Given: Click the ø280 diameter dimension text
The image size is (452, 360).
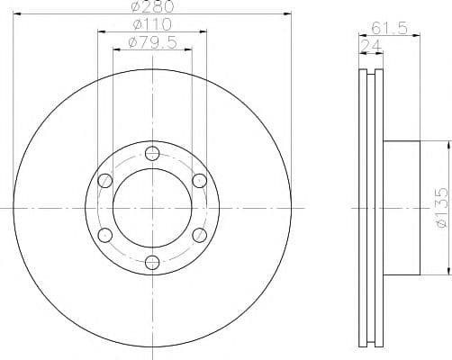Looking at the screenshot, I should pyautogui.click(x=150, y=8).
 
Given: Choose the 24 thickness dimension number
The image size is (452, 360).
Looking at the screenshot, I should pyautogui.click(x=369, y=47).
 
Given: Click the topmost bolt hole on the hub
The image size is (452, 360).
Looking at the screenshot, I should pyautogui.click(x=151, y=152).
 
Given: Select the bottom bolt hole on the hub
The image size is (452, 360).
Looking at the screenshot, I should pyautogui.click(x=151, y=263).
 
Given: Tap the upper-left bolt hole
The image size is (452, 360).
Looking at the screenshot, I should pyautogui.click(x=104, y=180).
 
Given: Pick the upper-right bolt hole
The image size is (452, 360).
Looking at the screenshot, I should pyautogui.click(x=199, y=180).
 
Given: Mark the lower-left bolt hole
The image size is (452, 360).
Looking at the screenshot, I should pyautogui.click(x=104, y=235).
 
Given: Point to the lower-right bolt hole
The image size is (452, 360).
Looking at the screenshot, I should pyautogui.click(x=199, y=235).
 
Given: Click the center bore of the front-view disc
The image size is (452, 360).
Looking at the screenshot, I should pyautogui.click(x=151, y=207).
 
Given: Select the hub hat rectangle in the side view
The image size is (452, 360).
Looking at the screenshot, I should pyautogui.click(x=401, y=207).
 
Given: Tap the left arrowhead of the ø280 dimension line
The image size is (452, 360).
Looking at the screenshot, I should pyautogui.click(x=16, y=13).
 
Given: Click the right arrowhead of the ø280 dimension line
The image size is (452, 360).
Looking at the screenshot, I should pyautogui.click(x=289, y=13).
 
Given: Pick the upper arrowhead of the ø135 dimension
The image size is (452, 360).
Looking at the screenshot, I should pyautogui.click(x=447, y=145).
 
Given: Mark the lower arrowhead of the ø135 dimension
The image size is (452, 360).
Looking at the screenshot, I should pyautogui.click(x=447, y=269).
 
